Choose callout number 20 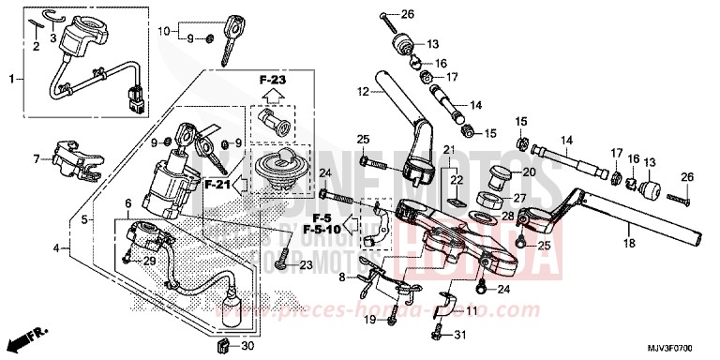[529, 172]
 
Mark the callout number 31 [458, 337]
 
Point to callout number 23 [306, 266]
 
